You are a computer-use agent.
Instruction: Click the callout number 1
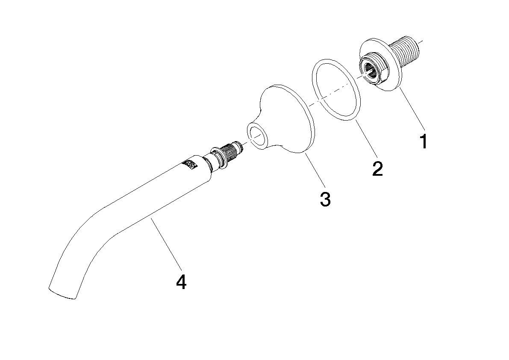point(423,142)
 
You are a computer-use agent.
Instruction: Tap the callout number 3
point(325,199)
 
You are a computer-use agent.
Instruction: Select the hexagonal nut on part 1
point(372,70)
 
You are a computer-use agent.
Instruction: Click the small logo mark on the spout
point(190,165)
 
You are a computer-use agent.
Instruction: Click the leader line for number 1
point(412,109)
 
